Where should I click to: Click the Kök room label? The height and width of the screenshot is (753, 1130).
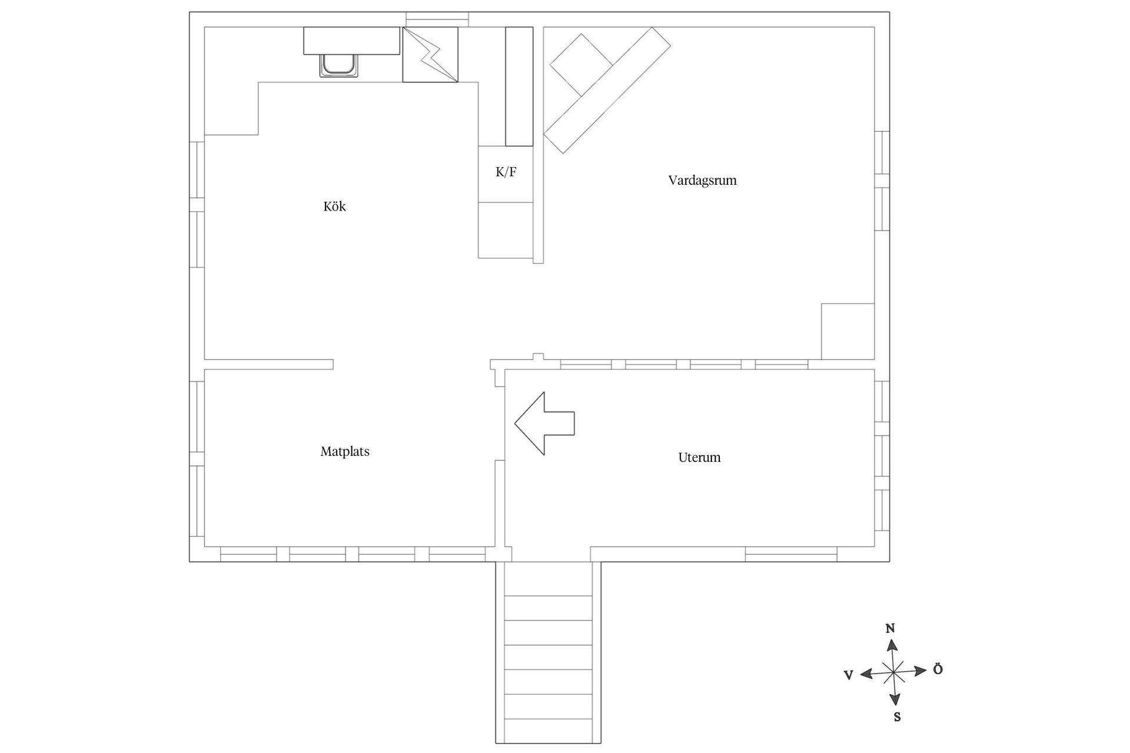[x=334, y=206]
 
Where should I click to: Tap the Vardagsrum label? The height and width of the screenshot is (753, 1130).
[x=702, y=181]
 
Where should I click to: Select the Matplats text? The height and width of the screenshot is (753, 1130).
[x=345, y=452]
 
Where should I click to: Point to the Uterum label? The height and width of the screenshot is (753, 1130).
[x=699, y=457]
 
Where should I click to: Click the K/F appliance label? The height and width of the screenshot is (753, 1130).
[x=506, y=172]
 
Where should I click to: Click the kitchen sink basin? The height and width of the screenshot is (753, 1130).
[x=338, y=65]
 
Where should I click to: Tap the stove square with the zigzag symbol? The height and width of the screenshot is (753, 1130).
[x=430, y=55]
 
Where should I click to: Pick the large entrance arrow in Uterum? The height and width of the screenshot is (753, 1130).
[x=544, y=424]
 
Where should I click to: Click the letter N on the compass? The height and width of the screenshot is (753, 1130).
[x=890, y=629]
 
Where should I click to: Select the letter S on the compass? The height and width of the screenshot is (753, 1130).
[x=897, y=717]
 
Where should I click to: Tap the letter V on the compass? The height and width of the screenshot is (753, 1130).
[x=849, y=676]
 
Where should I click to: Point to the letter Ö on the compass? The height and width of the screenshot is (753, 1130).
[x=938, y=669]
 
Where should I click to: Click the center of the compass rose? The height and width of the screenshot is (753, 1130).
[x=893, y=672]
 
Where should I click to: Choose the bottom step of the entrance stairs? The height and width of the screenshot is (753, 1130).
[x=549, y=731]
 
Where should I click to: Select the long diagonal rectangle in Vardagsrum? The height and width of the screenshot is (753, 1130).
[x=607, y=91]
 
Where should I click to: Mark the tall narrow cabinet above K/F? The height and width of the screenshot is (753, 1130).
[x=519, y=86]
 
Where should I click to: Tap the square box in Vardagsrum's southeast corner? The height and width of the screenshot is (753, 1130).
[x=847, y=331]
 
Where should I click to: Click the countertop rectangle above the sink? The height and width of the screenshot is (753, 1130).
[x=352, y=41]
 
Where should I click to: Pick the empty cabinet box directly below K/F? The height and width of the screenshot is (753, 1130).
[x=506, y=230]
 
